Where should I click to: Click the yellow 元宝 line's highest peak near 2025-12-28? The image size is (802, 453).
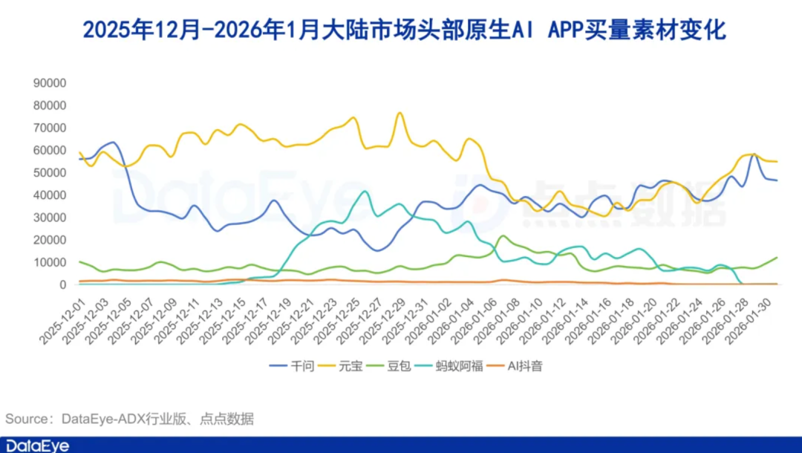coord(400,113)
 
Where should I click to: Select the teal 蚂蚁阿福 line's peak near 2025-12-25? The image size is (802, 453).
coord(364,192)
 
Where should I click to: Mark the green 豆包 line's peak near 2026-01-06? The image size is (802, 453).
coord(503,236)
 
